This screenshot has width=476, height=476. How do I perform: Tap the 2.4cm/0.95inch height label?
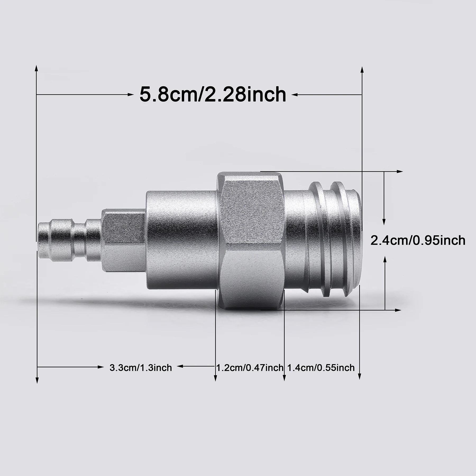(x=418, y=241)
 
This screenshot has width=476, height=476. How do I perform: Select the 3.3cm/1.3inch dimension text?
(x=141, y=368)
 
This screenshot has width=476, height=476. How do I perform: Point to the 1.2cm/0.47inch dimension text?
(x=250, y=368)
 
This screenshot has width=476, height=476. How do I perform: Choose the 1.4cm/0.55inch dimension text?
(x=321, y=368)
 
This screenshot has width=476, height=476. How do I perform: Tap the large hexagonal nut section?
(x=251, y=241)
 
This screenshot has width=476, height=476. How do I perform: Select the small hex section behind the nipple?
(x=123, y=241)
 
